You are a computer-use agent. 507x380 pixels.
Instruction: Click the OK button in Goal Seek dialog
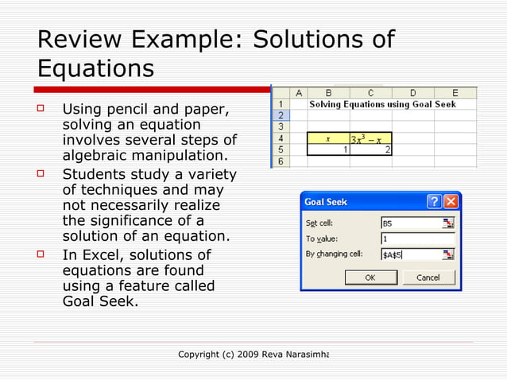click(370, 277)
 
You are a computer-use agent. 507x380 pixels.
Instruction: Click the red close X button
click(451, 202)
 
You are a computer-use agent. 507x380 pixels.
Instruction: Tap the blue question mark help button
click(435, 202)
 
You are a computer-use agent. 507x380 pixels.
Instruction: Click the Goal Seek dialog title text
click(327, 202)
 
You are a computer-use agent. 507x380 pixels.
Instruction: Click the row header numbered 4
click(279, 138)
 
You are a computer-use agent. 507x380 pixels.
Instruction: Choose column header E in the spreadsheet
click(455, 92)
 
